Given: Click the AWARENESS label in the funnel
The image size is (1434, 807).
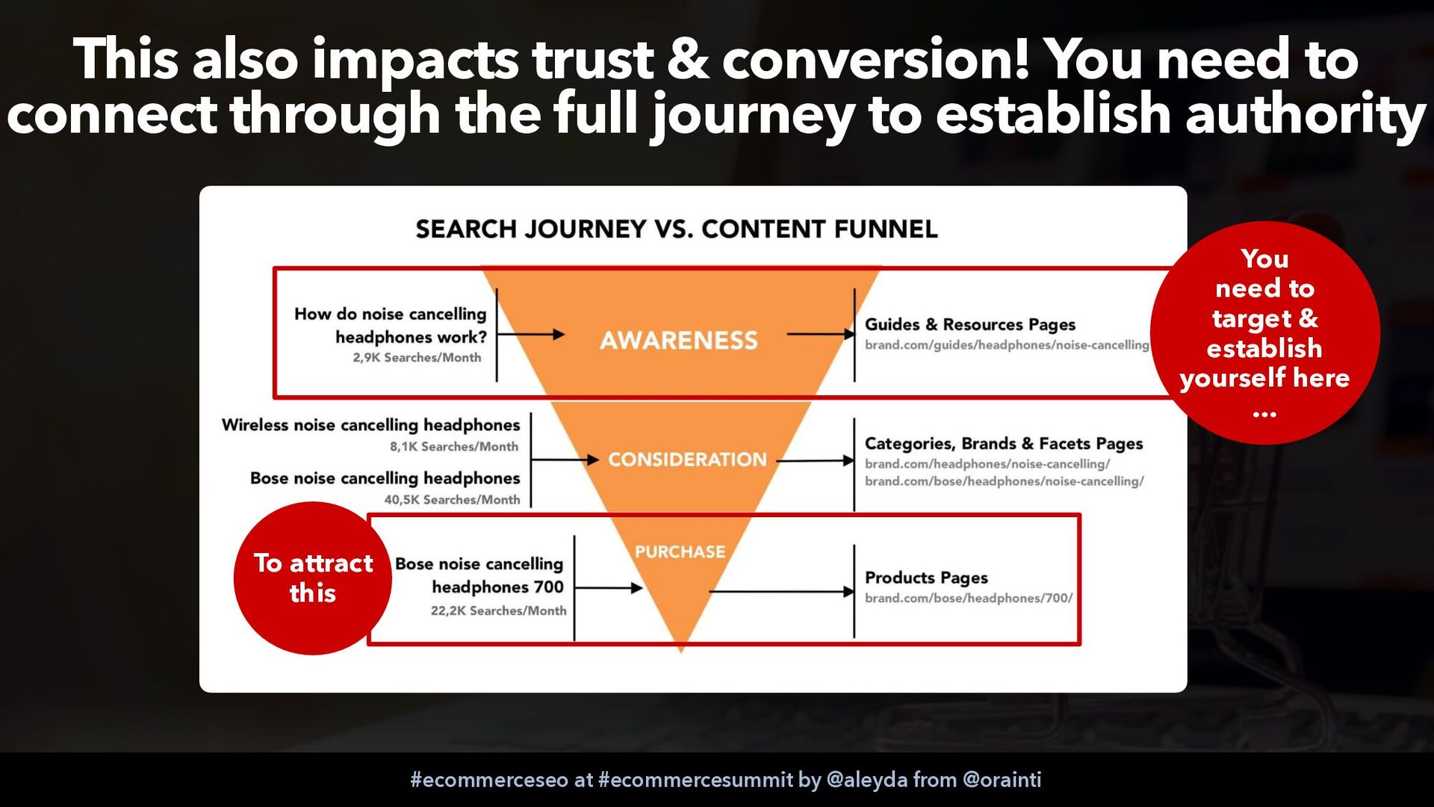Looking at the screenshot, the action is click(x=678, y=341).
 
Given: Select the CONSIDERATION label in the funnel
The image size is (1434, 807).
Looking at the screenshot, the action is click(x=687, y=460).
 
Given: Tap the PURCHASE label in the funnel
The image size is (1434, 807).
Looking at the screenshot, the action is click(x=680, y=552).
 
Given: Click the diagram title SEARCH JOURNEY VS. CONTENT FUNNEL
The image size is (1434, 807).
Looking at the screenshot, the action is click(x=677, y=229).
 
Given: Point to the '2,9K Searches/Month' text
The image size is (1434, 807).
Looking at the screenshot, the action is click(x=417, y=358).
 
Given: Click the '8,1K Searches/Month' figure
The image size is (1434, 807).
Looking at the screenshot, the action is click(x=453, y=447).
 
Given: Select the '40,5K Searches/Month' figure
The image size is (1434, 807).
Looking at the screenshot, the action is click(x=452, y=500).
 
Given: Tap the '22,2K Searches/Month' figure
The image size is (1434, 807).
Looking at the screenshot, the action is click(x=498, y=611).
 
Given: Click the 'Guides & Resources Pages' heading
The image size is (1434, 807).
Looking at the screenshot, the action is click(x=970, y=325).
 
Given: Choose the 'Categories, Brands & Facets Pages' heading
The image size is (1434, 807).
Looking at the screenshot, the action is click(x=1004, y=444).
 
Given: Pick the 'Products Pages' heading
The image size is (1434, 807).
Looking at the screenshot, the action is click(x=926, y=578).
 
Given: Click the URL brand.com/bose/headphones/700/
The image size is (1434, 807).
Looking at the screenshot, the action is click(x=969, y=599).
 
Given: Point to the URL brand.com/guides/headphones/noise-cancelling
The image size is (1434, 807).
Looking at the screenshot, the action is click(x=1007, y=345).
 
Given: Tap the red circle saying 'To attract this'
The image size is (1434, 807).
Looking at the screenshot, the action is click(x=313, y=578).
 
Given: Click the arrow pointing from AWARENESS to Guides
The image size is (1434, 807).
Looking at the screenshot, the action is click(x=821, y=334).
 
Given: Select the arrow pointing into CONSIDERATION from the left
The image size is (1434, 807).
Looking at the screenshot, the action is click(x=565, y=460).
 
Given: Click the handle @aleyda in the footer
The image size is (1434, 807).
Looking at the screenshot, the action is click(x=867, y=780).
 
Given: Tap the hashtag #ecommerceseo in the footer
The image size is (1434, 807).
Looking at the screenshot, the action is click(x=489, y=780).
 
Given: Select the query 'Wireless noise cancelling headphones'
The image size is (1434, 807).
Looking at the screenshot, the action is click(x=370, y=425).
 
